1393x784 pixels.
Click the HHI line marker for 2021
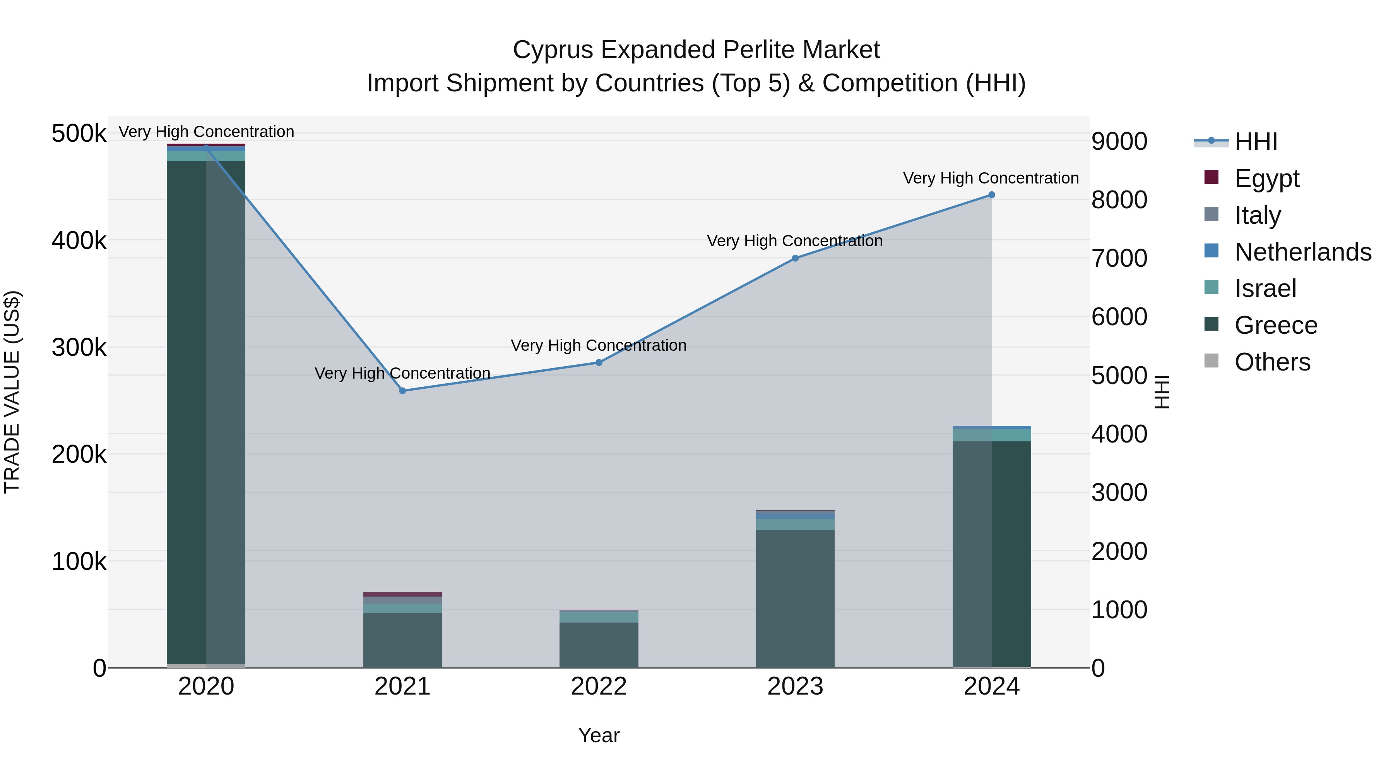[x=402, y=391]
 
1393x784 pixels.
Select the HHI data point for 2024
[x=991, y=195]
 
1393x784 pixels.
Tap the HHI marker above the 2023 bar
[x=795, y=258]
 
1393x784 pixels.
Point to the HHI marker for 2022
[x=599, y=362]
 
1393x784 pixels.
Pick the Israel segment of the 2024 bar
[x=991, y=435]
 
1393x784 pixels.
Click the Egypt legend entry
[x=1266, y=178]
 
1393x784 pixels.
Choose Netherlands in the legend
[x=1302, y=252]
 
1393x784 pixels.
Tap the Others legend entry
[x=1272, y=362]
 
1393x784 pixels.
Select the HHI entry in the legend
[x=1255, y=142]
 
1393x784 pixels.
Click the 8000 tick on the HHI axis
[x=1119, y=200]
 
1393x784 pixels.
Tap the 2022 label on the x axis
[x=599, y=686]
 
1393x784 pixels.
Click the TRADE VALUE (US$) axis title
[x=12, y=392]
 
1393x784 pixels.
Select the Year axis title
[x=599, y=735]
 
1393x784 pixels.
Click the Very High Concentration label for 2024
[x=991, y=178]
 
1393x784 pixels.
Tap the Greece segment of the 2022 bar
[x=599, y=644]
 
